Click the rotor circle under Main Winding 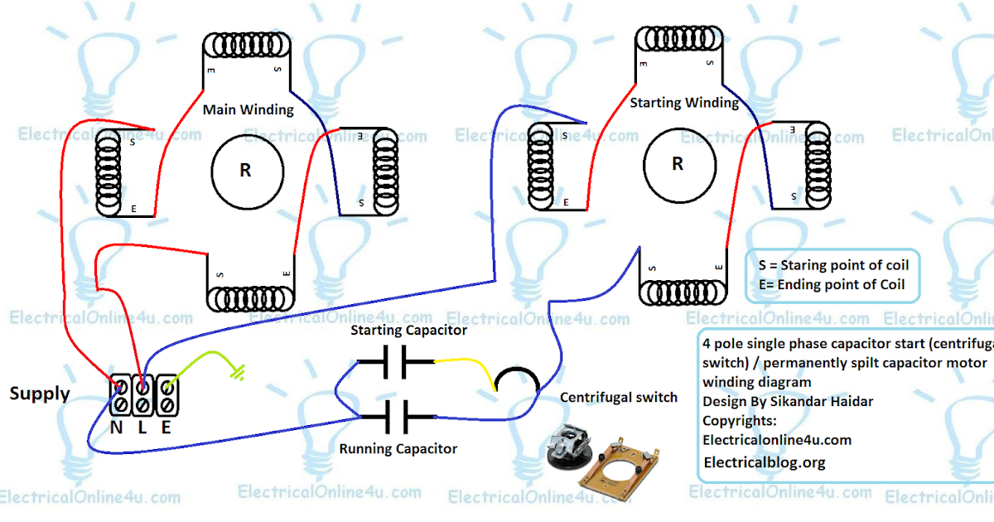[x=247, y=171]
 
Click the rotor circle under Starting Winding [x=678, y=164]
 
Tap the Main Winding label [x=248, y=109]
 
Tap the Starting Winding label [x=684, y=103]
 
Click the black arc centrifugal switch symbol [x=517, y=379]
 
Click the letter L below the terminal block [x=141, y=429]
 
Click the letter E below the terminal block [x=166, y=429]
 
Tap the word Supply [x=39, y=394]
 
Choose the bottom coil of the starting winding [x=683, y=292]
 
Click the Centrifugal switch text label [x=619, y=398]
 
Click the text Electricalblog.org [x=764, y=462]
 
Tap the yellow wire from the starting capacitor [x=464, y=365]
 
